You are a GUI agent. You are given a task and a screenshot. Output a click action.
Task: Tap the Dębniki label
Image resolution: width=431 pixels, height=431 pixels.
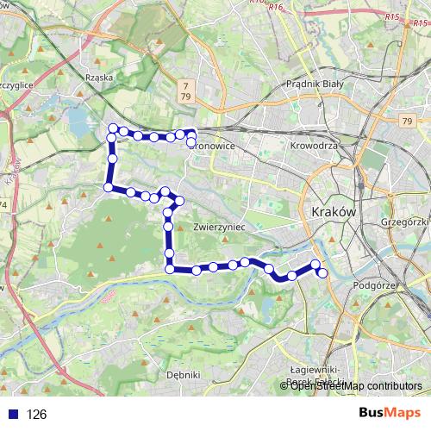click(183, 375)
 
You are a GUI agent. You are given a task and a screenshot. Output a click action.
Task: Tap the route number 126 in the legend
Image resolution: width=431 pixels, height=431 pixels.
click(36, 415)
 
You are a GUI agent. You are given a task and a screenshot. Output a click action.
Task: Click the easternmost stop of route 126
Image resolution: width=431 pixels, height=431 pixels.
click(323, 273)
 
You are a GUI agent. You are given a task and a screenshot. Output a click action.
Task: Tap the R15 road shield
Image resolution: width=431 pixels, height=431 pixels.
click(393, 16)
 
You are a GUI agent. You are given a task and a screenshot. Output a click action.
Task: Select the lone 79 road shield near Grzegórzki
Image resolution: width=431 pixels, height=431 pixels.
click(406, 122)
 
